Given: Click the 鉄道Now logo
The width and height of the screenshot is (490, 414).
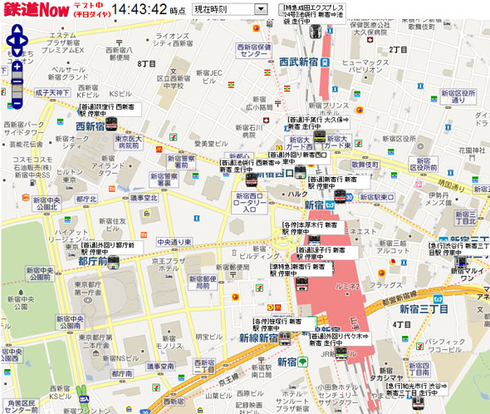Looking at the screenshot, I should coord(31,12).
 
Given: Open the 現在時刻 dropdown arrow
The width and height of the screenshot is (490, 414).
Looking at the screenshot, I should coord(261,8).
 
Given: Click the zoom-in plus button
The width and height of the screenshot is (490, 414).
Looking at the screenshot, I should coord(17,66).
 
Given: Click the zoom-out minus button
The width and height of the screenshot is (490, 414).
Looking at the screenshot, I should coord(17,104).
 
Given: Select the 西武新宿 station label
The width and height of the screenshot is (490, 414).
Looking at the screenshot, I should coord(304,61).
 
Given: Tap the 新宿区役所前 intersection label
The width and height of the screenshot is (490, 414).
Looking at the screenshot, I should coord(458,97).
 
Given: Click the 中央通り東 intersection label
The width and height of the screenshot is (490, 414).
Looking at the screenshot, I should coord(174,242).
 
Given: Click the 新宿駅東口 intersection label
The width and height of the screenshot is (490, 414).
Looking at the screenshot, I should coord(372,197).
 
